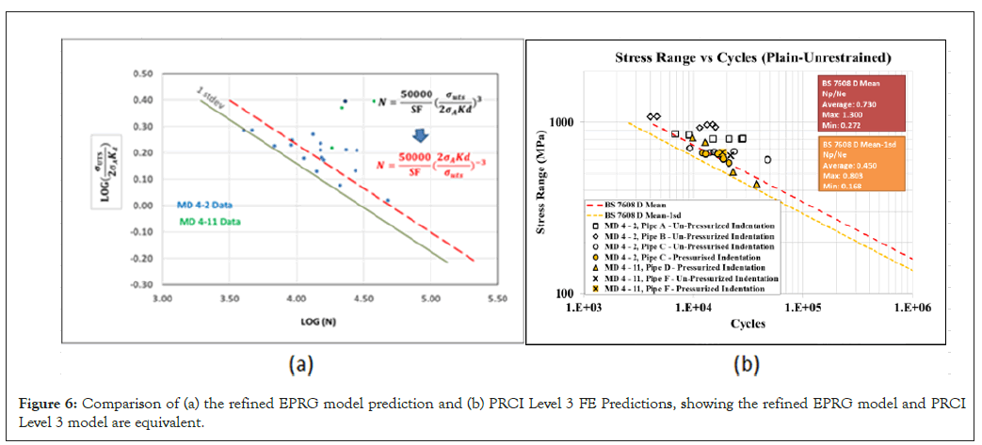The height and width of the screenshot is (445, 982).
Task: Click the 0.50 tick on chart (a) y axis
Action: pos(142,73)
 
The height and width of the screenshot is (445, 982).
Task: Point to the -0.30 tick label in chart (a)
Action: pos(141,284)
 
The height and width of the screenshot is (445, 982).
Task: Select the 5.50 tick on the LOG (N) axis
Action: pos(497,298)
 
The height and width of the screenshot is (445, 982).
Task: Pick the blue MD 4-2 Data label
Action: pos(205,203)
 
